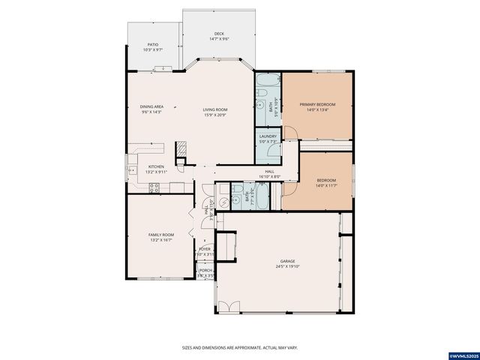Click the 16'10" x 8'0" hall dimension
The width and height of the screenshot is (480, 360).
(x=268, y=177)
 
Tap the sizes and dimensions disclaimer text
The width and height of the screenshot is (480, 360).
(x=240, y=347)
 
